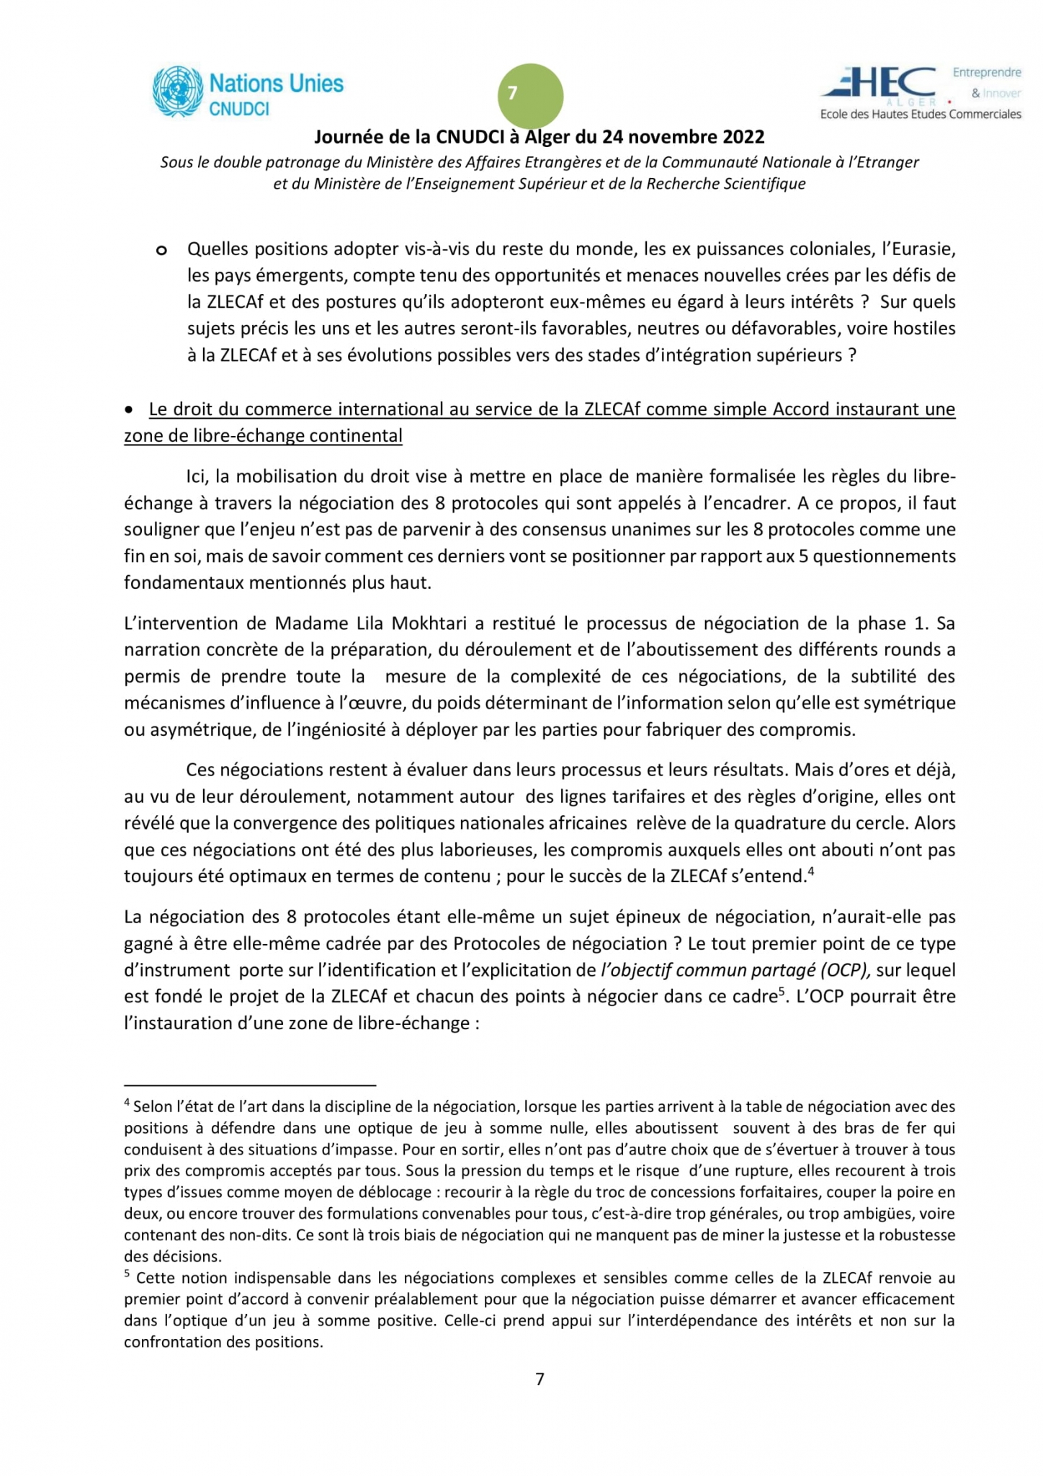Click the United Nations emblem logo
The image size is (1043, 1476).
[x=177, y=92]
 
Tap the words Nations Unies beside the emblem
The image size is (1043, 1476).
[x=276, y=84]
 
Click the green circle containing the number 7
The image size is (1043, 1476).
[x=530, y=96]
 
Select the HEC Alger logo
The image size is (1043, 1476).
[x=880, y=86]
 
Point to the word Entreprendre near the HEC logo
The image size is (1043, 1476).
[x=986, y=73]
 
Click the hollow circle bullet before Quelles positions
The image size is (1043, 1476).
[x=161, y=250]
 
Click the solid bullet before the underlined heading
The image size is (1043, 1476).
[x=129, y=409]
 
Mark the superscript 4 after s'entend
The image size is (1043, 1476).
[x=810, y=871]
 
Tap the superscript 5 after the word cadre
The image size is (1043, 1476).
[x=781, y=992]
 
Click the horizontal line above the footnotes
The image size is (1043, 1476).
[x=250, y=1084]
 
